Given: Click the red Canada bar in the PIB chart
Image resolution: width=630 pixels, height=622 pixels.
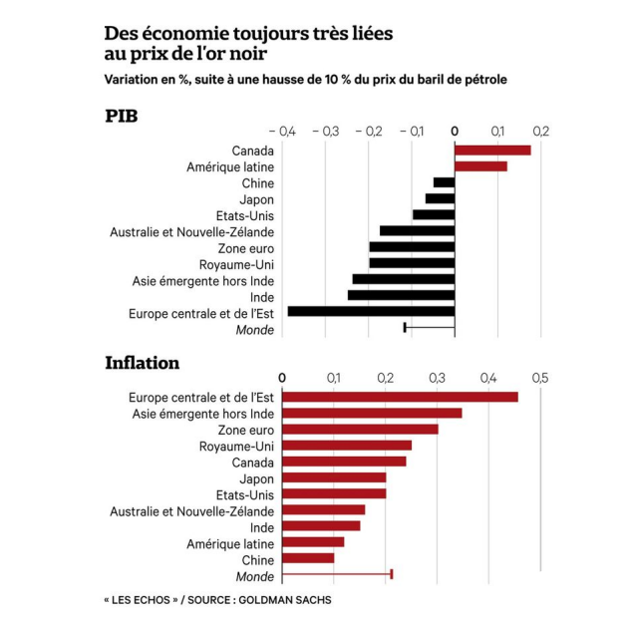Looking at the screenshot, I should point(492,151).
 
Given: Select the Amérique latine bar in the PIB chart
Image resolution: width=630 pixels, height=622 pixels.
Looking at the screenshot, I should point(480,166).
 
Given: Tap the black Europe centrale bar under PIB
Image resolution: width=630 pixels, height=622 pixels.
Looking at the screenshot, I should point(371,311).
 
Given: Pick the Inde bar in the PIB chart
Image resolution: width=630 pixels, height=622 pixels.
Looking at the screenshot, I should point(401,295).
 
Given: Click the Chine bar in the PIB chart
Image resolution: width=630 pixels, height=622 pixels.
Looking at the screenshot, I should point(444,182).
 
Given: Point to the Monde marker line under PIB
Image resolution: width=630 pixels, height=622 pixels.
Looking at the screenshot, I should point(429,327).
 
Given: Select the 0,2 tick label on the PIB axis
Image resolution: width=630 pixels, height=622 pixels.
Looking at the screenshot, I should point(541,131).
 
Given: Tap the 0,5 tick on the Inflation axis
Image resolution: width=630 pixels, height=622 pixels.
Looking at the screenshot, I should point(540,378).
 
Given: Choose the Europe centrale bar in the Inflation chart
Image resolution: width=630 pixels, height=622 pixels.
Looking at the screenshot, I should point(400,397).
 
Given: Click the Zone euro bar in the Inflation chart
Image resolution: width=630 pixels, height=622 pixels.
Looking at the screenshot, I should point(360,429).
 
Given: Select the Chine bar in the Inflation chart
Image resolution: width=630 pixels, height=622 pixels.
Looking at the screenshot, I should point(308,558).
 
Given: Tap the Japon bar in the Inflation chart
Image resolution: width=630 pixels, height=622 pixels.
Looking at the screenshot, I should point(334,477).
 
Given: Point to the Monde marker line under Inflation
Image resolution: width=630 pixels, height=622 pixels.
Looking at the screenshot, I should point(337,574).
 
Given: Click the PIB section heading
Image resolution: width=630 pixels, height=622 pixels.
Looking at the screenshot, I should point(121,116).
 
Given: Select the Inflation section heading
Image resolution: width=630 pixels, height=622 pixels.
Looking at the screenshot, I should point(143,363).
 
